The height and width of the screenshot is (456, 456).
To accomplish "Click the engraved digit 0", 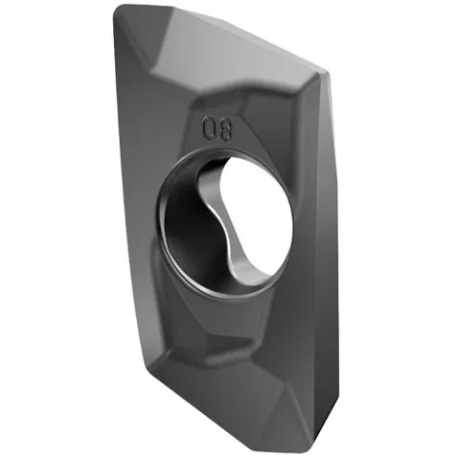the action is point(210,127).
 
